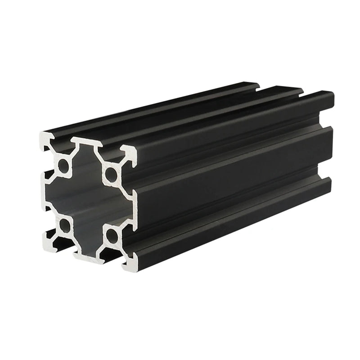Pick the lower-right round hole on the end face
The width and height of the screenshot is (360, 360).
click(110, 234)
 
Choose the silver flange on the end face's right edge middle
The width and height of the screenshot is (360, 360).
click(130, 207)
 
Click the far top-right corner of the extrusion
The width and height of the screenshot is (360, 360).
click(332, 94)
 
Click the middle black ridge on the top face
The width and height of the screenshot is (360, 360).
click(189, 115)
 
